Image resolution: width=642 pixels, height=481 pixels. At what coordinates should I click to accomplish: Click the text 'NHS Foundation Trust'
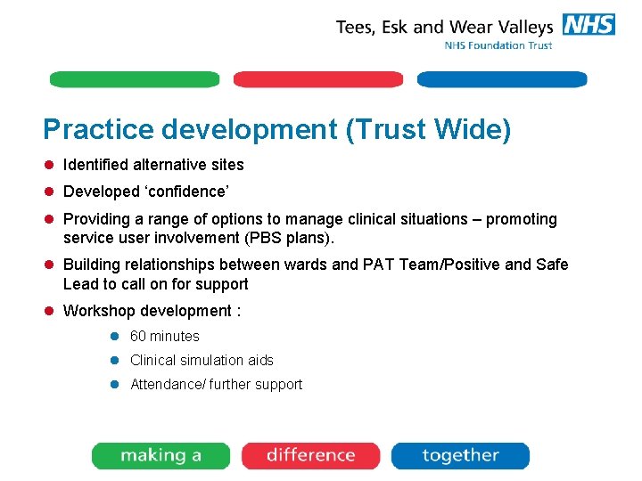pos(498,45)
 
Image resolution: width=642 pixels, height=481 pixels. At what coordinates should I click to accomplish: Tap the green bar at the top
pos(134,79)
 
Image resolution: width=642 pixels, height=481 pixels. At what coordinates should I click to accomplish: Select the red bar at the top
pos(318,79)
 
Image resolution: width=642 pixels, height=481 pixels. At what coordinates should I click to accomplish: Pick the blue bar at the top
pos(502,79)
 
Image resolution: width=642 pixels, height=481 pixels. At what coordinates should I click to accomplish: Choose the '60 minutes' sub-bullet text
pos(165,336)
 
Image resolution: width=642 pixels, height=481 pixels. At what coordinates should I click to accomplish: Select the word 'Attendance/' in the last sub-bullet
pos(168,384)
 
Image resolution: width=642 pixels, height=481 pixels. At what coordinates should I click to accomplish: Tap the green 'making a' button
pos(161,455)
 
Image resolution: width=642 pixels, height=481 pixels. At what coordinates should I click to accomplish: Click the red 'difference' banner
pos(311,455)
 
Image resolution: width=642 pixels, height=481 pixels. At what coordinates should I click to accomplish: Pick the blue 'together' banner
pos(460,455)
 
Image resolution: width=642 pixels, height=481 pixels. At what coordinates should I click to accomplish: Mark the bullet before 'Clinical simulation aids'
pos(114,360)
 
